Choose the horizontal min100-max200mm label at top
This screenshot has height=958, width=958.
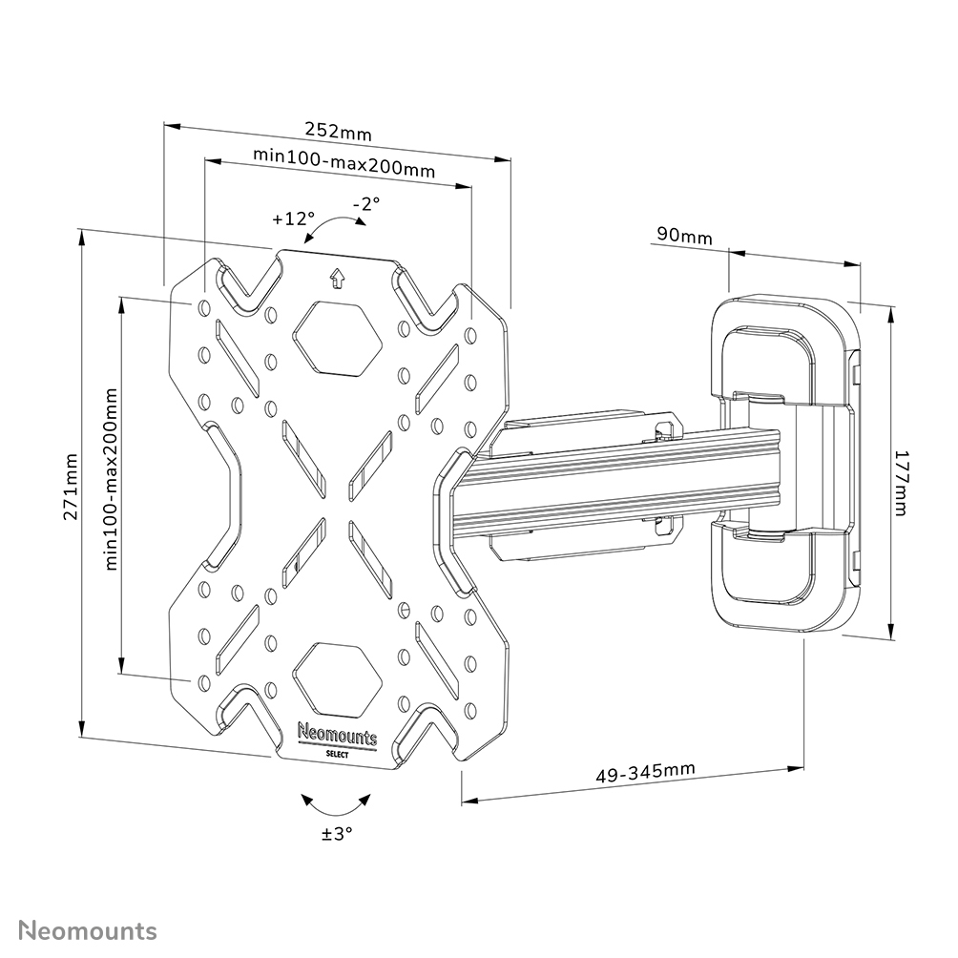tap(344, 163)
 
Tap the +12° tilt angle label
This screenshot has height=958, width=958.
tap(292, 219)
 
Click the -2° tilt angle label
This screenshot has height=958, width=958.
tap(365, 203)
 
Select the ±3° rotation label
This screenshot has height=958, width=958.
tap(337, 833)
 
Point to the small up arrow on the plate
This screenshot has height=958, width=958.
tap(336, 279)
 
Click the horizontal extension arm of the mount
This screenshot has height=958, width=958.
tap(611, 487)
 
